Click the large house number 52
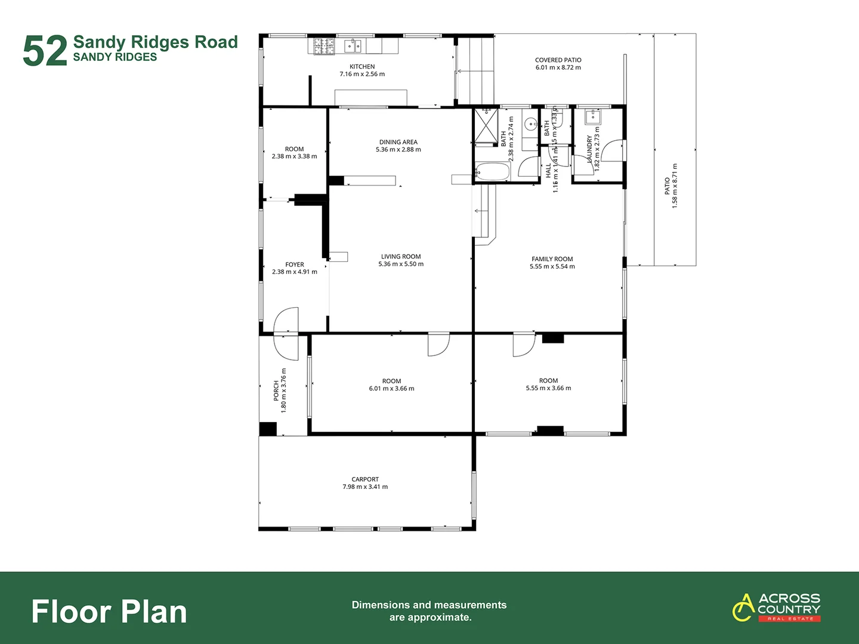(45, 51)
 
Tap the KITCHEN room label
(362, 67)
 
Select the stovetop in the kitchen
(325, 46)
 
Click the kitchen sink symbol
(353, 46)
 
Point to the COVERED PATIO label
(558, 60)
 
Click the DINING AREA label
(398, 142)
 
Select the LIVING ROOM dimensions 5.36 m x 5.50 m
(401, 264)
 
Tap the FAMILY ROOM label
(552, 259)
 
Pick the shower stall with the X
(486, 126)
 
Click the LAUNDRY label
(589, 149)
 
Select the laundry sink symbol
(592, 116)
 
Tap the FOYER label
(294, 264)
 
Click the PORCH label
(276, 391)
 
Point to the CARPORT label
(365, 479)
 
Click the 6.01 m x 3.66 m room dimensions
(391, 389)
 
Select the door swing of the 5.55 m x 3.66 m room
(523, 345)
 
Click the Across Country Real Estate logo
(776, 607)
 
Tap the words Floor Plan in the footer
(109, 612)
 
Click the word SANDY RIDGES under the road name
(115, 57)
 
